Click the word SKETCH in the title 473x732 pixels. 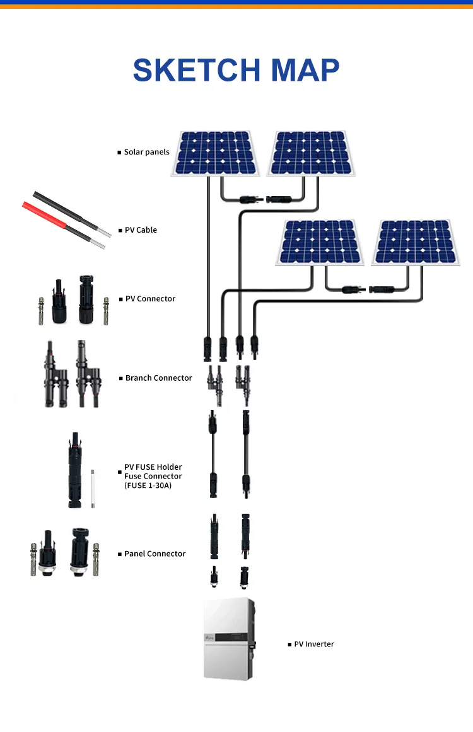(196, 70)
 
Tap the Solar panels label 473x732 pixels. (146, 152)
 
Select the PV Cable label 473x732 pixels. (141, 230)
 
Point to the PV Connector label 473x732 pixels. (150, 299)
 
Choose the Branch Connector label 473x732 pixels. (158, 378)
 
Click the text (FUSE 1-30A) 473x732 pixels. (148, 485)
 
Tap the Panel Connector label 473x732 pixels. (155, 554)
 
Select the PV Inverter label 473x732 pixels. (314, 644)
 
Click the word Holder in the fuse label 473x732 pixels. (168, 467)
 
